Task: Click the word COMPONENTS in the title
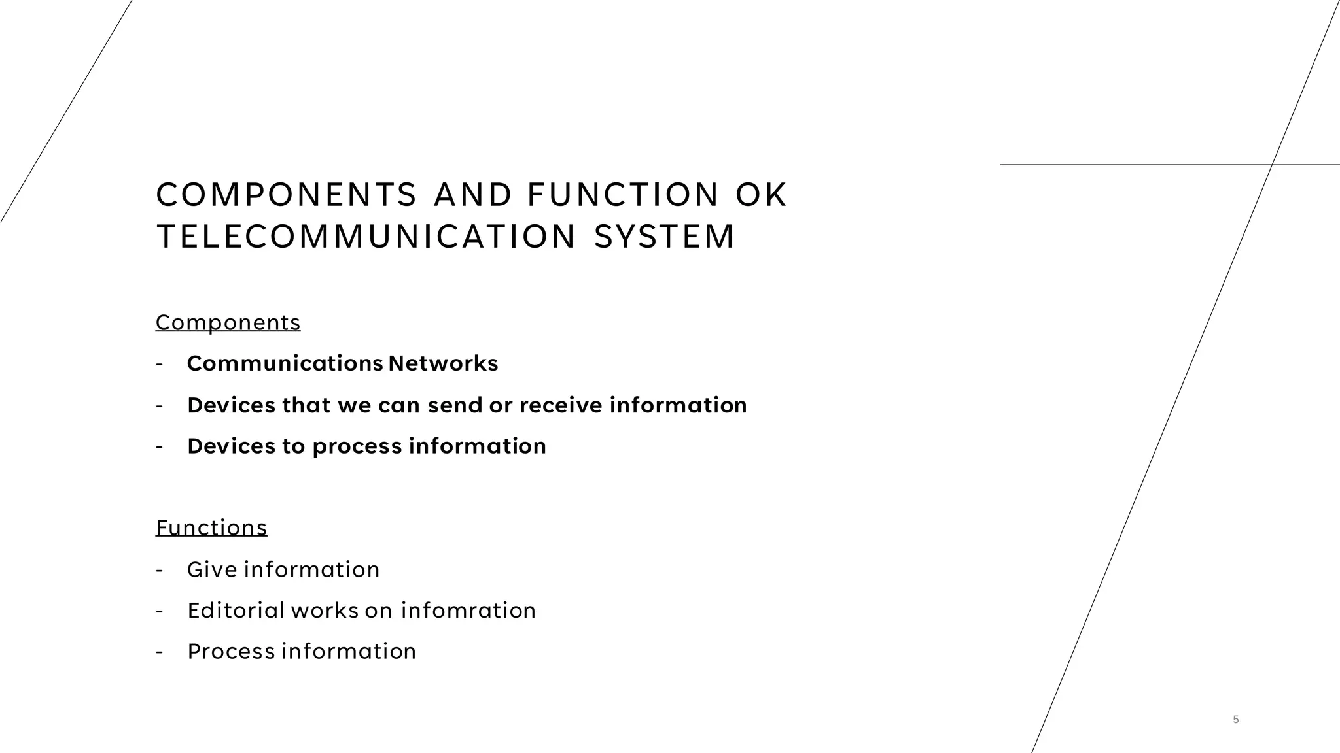pyautogui.click(x=286, y=195)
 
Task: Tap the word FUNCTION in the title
pyautogui.click(x=623, y=195)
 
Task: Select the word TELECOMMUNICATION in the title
pyautogui.click(x=366, y=237)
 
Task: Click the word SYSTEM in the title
pyautogui.click(x=665, y=237)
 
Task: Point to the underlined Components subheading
pyautogui.click(x=228, y=322)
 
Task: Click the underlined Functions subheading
pyautogui.click(x=211, y=527)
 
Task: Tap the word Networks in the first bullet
pyautogui.click(x=443, y=363)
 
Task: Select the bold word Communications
pyautogui.click(x=285, y=363)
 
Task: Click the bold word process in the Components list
pyautogui.click(x=357, y=446)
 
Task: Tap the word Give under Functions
pyautogui.click(x=212, y=569)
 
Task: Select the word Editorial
pyautogui.click(x=236, y=611)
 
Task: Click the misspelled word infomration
pyautogui.click(x=468, y=611)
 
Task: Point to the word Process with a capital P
pyautogui.click(x=231, y=652)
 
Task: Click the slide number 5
pyautogui.click(x=1236, y=720)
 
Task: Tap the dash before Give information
pyautogui.click(x=159, y=570)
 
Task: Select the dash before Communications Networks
pyautogui.click(x=159, y=364)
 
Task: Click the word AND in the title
pyautogui.click(x=473, y=195)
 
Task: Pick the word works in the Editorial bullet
pyautogui.click(x=325, y=611)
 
